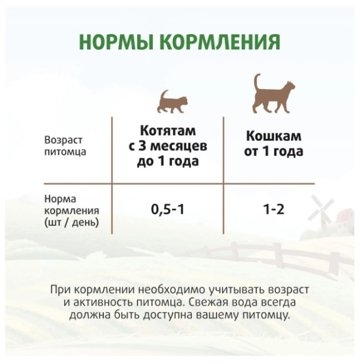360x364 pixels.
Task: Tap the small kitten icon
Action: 173,101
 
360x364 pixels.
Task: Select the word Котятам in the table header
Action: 168,131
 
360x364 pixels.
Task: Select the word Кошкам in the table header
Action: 274,136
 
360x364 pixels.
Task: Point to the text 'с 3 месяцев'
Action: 168,146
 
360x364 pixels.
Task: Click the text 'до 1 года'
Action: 168,161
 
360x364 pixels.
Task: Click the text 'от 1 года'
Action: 274,152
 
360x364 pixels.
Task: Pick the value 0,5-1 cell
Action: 168,210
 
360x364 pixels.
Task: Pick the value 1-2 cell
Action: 274,210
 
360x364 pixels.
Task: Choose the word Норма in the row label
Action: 60,199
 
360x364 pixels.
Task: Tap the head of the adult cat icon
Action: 288,88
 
